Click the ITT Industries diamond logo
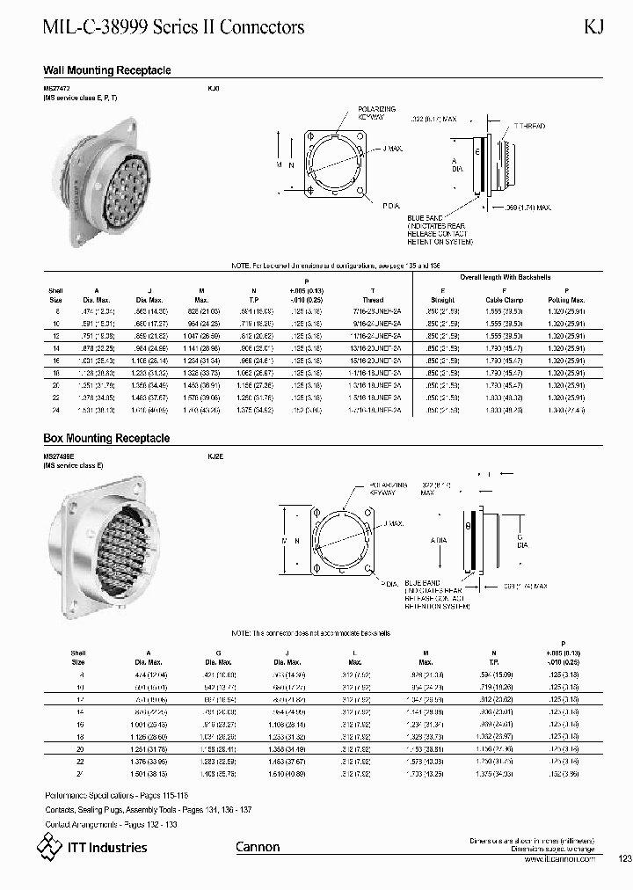pos(47,847)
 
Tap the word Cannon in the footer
pos(258,847)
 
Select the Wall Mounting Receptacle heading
pos(107,70)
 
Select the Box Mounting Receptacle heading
pos(106,438)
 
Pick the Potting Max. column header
pos(559,300)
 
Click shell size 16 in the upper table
pos(59,361)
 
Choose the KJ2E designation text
pos(215,456)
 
